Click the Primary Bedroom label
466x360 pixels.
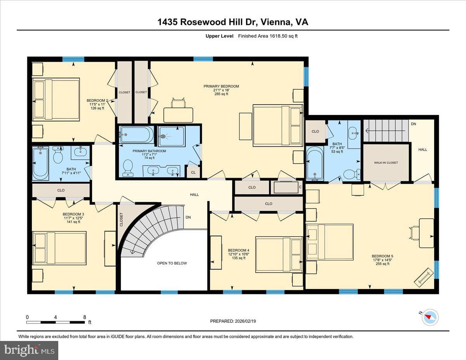click(x=221, y=86)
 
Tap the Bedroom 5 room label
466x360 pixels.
click(x=383, y=256)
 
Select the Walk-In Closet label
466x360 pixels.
click(x=386, y=163)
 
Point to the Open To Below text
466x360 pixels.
click(x=172, y=263)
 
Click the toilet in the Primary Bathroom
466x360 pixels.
click(x=128, y=168)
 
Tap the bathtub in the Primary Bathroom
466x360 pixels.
click(x=136, y=135)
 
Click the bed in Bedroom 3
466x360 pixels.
click(x=59, y=248)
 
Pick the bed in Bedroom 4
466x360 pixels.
click(x=279, y=254)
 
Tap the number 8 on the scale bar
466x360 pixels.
click(x=85, y=317)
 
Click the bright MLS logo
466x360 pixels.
click(x=29, y=350)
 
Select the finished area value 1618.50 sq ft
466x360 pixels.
click(x=283, y=36)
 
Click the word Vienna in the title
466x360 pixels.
click(x=275, y=22)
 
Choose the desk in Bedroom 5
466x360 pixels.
click(x=426, y=233)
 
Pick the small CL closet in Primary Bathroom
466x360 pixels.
click(x=193, y=172)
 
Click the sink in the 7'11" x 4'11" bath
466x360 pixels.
click(x=80, y=151)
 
